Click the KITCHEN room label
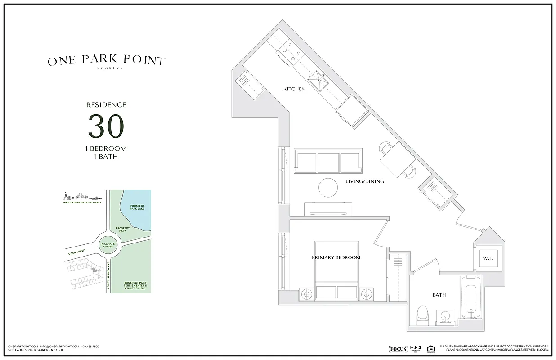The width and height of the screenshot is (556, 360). pyautogui.click(x=294, y=89)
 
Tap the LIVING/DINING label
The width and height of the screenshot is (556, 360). pyautogui.click(x=364, y=182)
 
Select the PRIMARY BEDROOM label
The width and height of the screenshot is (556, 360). pyautogui.click(x=336, y=258)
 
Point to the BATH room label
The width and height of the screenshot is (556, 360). pyautogui.click(x=439, y=295)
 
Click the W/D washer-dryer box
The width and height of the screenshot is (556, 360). pyautogui.click(x=488, y=259)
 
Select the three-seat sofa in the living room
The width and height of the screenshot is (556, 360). pyautogui.click(x=328, y=161)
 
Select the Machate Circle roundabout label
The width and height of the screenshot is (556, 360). pyautogui.click(x=108, y=246)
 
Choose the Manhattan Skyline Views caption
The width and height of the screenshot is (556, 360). pyautogui.click(x=83, y=202)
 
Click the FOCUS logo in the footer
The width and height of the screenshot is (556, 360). pyautogui.click(x=398, y=349)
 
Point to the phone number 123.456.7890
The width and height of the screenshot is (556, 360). pyautogui.click(x=90, y=346)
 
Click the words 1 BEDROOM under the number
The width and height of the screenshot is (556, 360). pyautogui.click(x=106, y=148)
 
